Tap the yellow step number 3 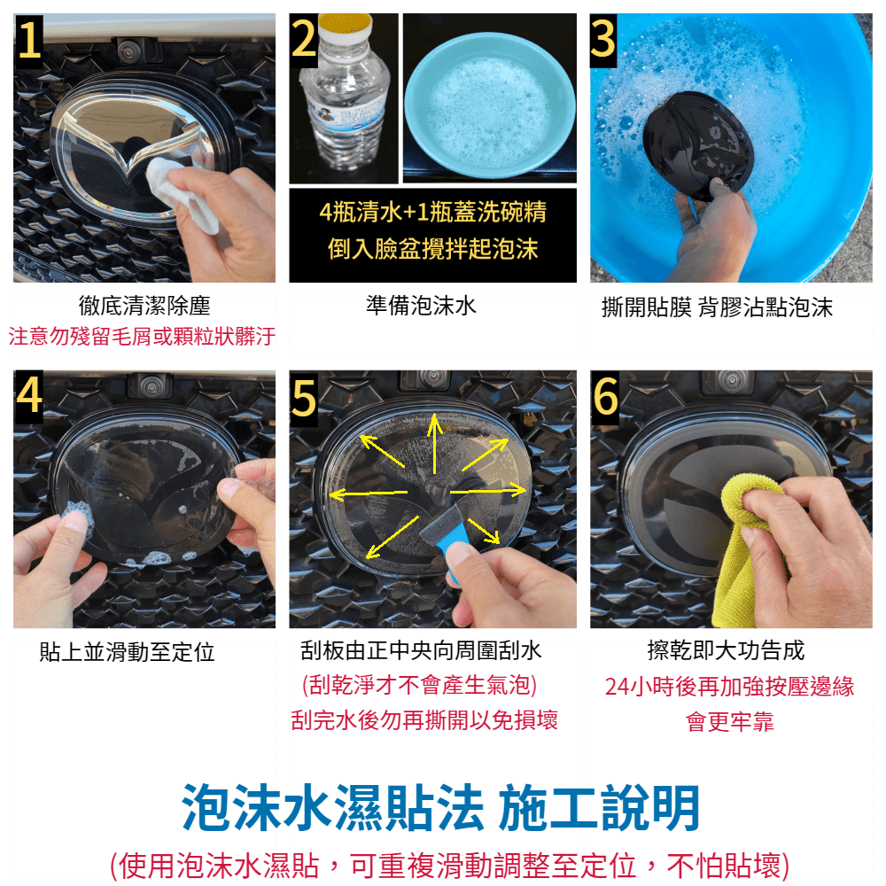click(x=602, y=38)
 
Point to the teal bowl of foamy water click(x=490, y=105)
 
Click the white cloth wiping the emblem click(x=181, y=193)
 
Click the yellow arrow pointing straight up click(x=434, y=444)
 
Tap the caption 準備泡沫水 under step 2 click(x=421, y=306)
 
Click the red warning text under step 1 click(x=143, y=336)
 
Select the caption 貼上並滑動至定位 click(x=127, y=651)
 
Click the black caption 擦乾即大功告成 click(x=727, y=649)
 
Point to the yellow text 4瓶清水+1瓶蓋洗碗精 click(x=433, y=212)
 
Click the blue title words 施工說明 click(x=599, y=808)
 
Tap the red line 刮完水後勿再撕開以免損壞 click(x=424, y=719)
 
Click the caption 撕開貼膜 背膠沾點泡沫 click(x=717, y=307)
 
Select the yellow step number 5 click(x=304, y=398)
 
